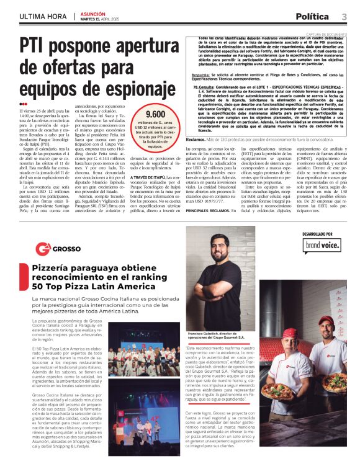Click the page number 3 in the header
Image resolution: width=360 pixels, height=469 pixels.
point(343,17)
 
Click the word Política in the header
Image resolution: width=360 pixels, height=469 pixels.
point(312,17)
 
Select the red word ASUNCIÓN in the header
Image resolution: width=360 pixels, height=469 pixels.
point(94,12)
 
